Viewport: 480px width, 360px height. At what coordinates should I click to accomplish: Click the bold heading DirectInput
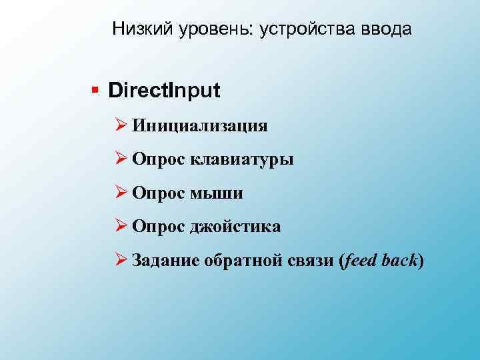[164, 90]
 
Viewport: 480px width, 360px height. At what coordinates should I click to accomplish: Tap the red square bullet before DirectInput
[96, 90]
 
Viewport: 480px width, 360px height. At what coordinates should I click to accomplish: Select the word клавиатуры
[242, 159]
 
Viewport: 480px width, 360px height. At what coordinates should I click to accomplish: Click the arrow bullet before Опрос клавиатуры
[121, 159]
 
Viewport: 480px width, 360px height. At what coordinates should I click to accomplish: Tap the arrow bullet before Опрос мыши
[121, 193]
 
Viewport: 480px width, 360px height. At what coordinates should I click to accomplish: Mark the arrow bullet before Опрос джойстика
[121, 227]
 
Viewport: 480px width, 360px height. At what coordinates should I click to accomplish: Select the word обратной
[239, 261]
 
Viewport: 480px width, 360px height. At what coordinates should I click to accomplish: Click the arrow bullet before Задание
[121, 261]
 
